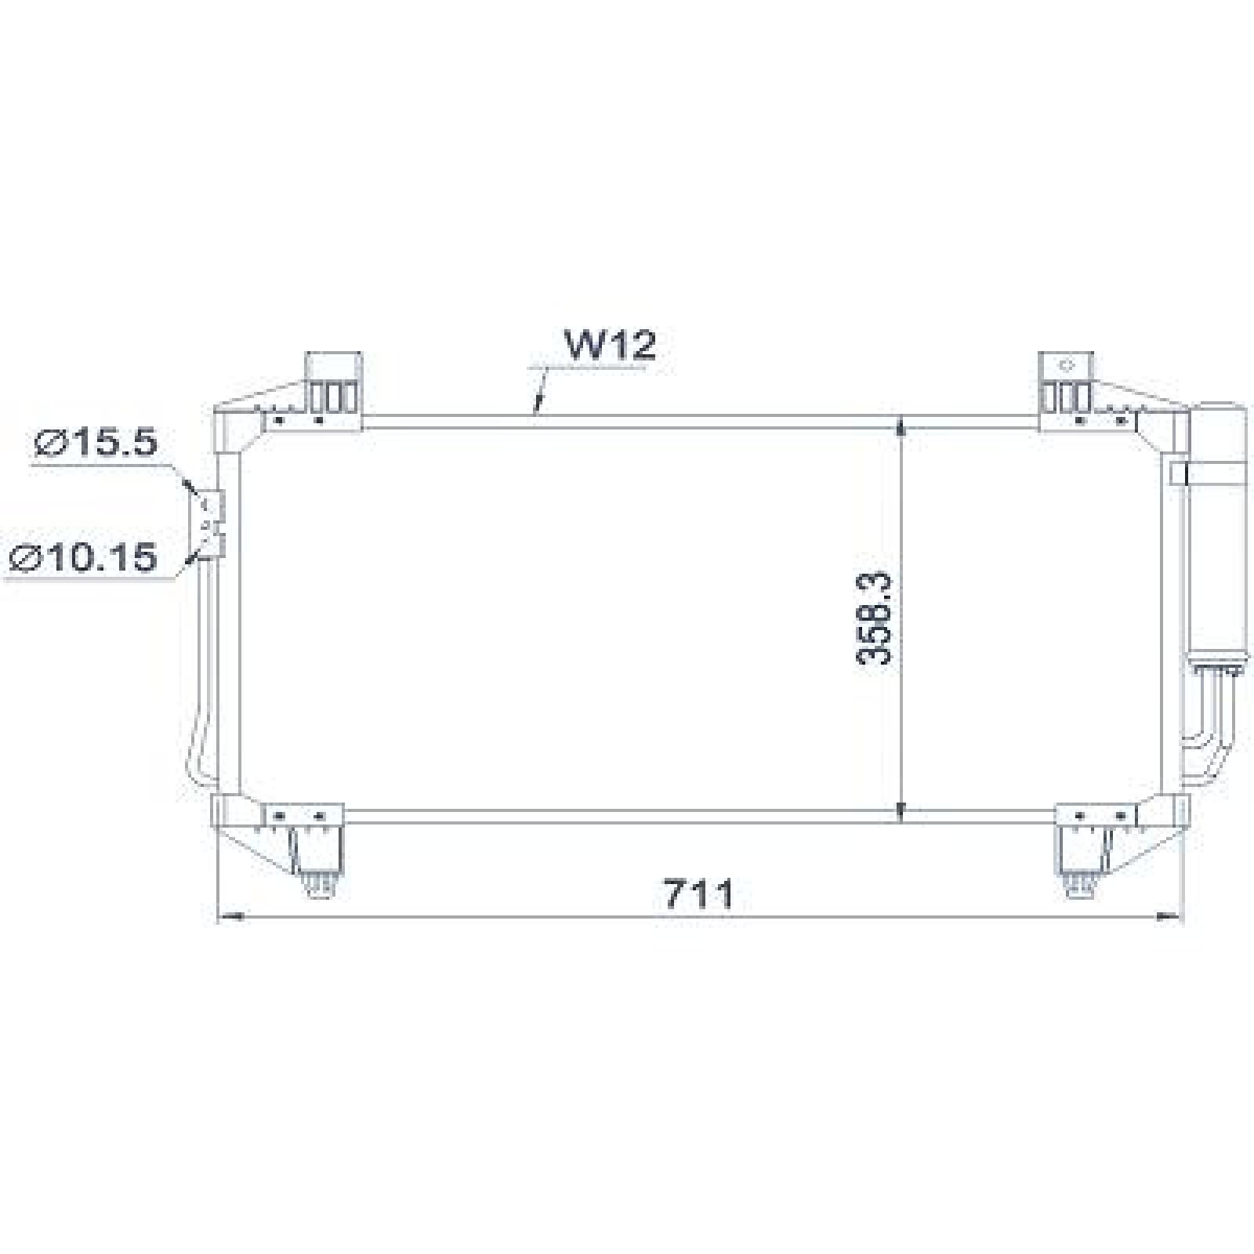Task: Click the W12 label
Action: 611,346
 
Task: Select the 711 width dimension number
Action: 699,894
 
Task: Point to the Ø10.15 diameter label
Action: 85,558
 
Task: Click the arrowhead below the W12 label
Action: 538,407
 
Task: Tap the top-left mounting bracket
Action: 334,384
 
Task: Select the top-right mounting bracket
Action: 1067,384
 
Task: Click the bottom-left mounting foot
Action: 317,854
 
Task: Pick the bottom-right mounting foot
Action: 1084,854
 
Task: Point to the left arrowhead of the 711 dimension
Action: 229,915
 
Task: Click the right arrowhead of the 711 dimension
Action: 1170,915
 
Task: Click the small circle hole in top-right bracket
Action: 1066,365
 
